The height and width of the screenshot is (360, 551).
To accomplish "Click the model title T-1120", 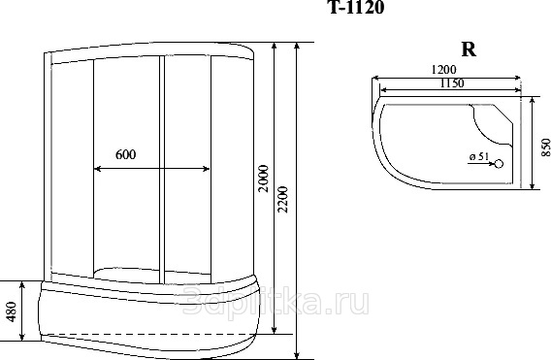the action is click(x=356, y=7).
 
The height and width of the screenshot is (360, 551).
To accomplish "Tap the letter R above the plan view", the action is click(x=469, y=49).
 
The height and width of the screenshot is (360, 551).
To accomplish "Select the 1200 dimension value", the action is click(x=444, y=70).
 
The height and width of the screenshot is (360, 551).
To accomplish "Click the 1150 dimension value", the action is click(x=452, y=83).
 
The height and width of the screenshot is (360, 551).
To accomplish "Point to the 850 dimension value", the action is click(x=545, y=147).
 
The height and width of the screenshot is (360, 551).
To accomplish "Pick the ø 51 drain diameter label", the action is click(x=479, y=156).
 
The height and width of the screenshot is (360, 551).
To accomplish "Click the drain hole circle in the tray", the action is click(x=499, y=164).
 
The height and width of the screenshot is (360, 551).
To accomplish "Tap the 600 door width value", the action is click(x=125, y=154).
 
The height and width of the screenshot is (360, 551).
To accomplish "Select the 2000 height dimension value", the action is click(x=263, y=179).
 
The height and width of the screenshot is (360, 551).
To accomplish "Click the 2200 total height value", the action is click(x=282, y=199).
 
